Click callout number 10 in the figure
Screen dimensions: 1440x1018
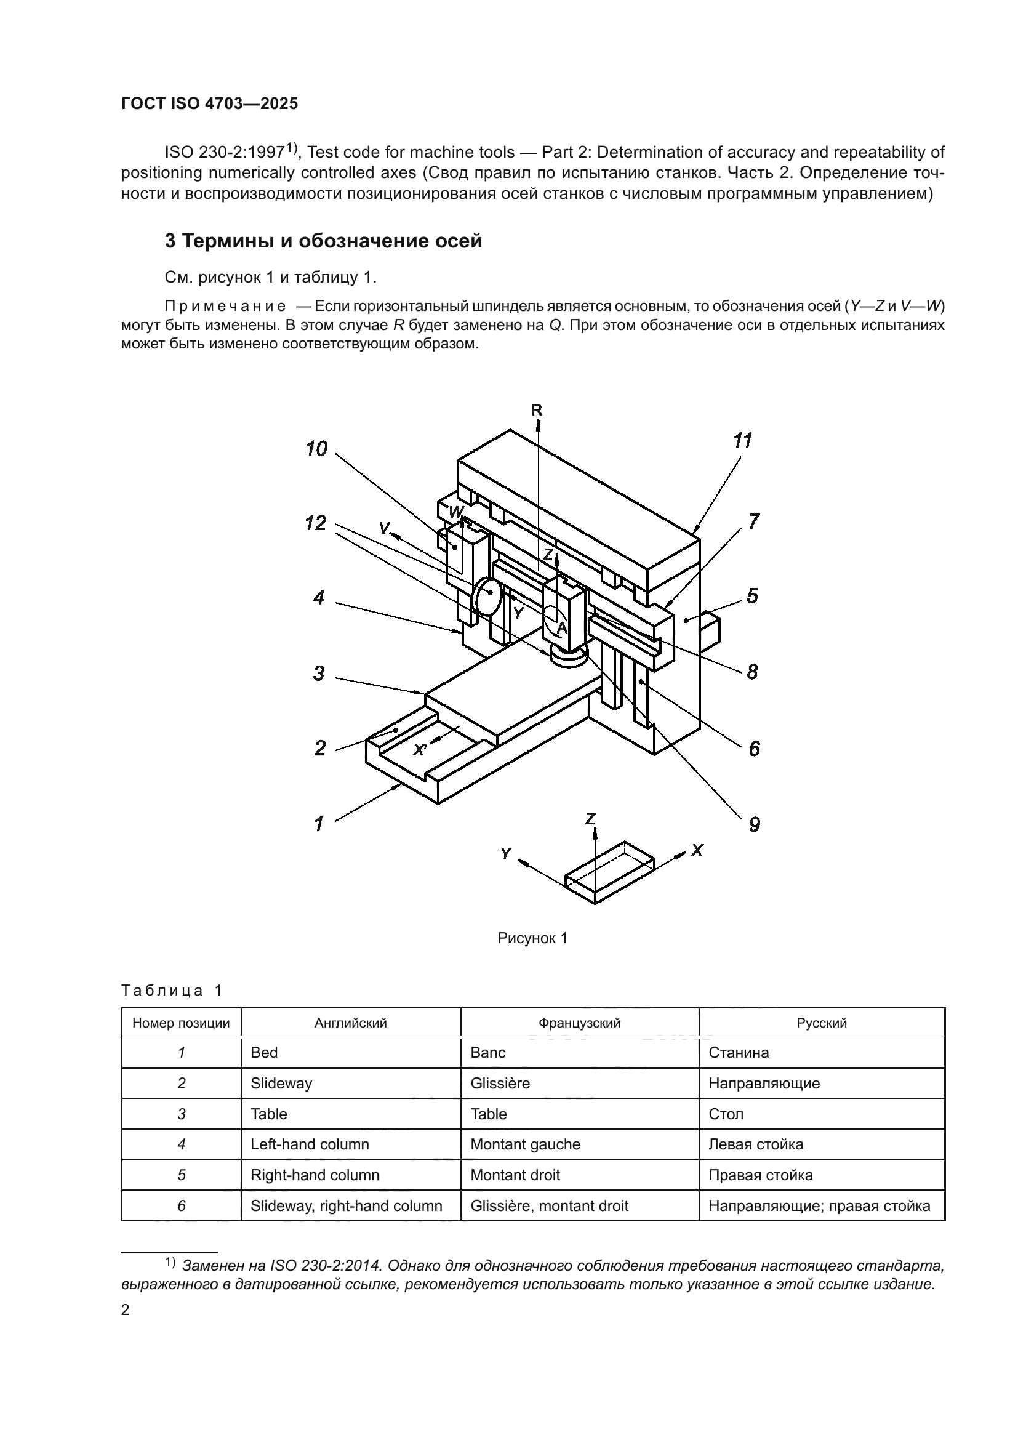(x=316, y=449)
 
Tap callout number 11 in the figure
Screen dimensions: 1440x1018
(x=742, y=441)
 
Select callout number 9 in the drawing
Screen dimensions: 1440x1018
(x=755, y=824)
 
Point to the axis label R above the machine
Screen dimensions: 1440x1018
(x=537, y=410)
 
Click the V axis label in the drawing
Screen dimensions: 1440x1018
(x=384, y=528)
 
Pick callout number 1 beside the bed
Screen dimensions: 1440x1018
(x=319, y=824)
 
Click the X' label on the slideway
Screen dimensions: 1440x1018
(x=420, y=749)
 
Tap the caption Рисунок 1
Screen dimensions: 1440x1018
(x=532, y=938)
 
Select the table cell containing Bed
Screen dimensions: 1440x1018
(x=264, y=1052)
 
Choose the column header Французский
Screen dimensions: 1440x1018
(x=579, y=1023)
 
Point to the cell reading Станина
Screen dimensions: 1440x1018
(x=739, y=1052)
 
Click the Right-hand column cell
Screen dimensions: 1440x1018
(x=315, y=1175)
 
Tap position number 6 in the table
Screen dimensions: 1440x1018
(x=181, y=1205)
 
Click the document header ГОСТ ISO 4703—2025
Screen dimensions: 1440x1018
(x=209, y=104)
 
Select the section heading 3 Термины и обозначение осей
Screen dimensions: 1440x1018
(x=324, y=241)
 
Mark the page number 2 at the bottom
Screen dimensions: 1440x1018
(x=126, y=1309)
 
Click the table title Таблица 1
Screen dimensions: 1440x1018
(x=172, y=991)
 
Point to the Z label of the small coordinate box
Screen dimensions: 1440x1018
(x=590, y=818)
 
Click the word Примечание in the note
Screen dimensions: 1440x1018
(x=225, y=307)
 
